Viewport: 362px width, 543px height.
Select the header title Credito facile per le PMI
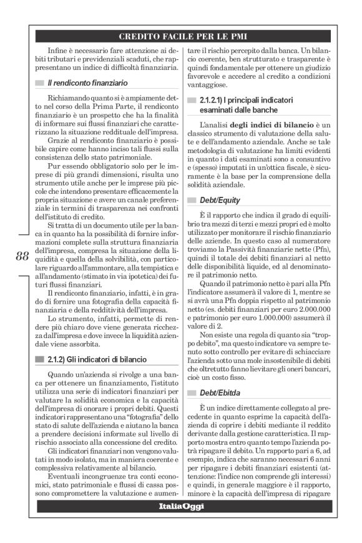click(x=181, y=36)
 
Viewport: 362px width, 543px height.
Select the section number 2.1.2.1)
click(x=215, y=99)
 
